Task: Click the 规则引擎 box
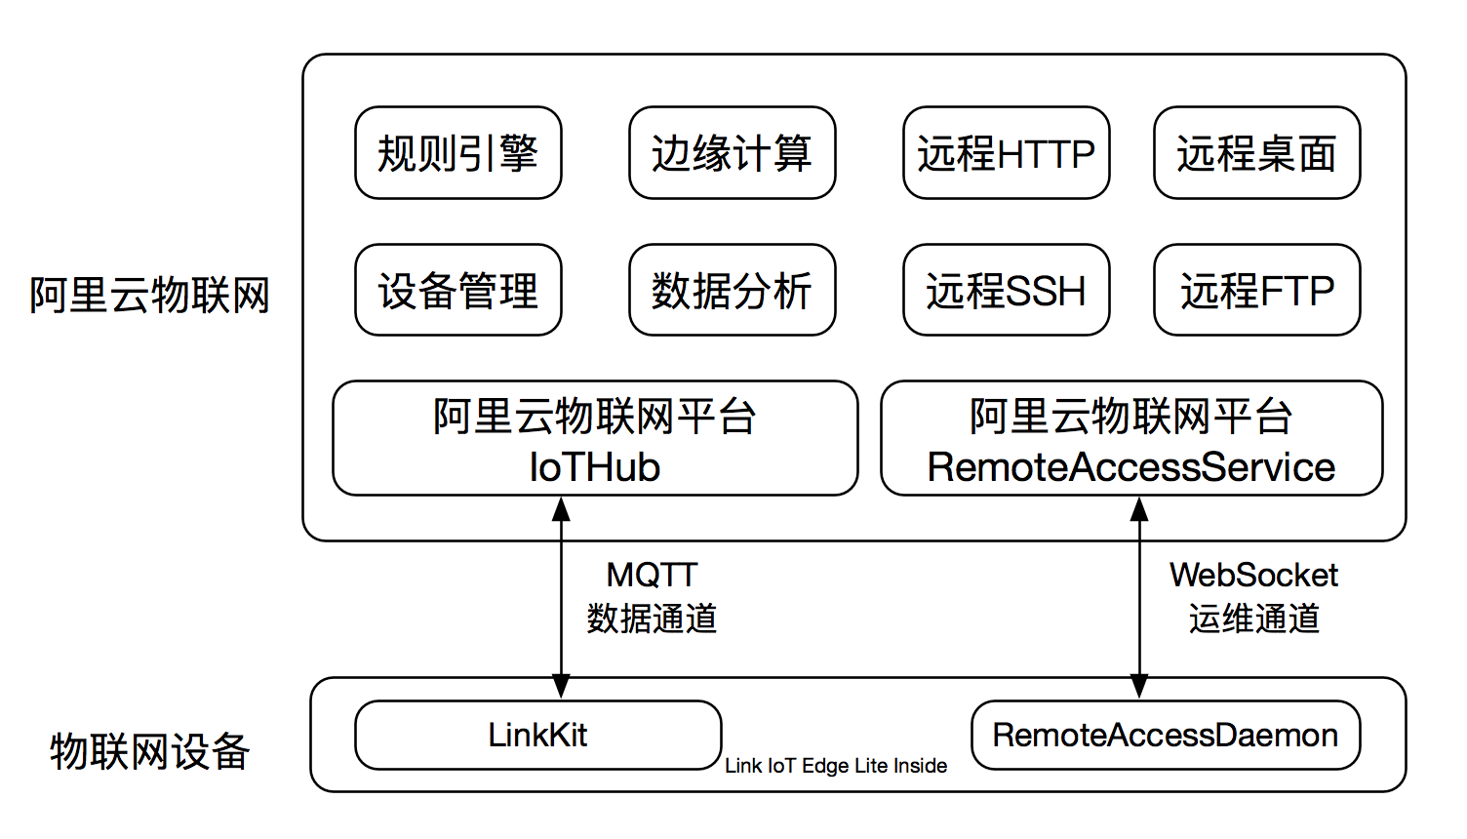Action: (458, 152)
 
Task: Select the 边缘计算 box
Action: (733, 152)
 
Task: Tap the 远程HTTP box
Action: (1006, 152)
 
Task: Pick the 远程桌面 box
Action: (1256, 152)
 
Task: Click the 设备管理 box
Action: (458, 290)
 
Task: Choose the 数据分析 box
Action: (733, 290)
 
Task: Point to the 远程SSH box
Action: (1006, 290)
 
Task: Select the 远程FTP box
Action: (1256, 290)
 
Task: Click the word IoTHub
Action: (595, 467)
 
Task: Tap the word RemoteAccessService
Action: (1131, 467)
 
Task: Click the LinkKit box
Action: (538, 735)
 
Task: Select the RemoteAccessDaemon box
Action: (1166, 735)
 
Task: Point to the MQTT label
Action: (652, 575)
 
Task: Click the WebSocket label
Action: (1253, 575)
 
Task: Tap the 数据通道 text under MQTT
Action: (652, 619)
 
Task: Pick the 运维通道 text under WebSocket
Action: (1254, 619)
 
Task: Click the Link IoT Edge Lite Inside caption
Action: (836, 766)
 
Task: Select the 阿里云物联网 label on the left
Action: (149, 295)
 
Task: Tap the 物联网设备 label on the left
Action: (149, 751)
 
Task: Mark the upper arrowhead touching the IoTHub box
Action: (561, 509)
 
